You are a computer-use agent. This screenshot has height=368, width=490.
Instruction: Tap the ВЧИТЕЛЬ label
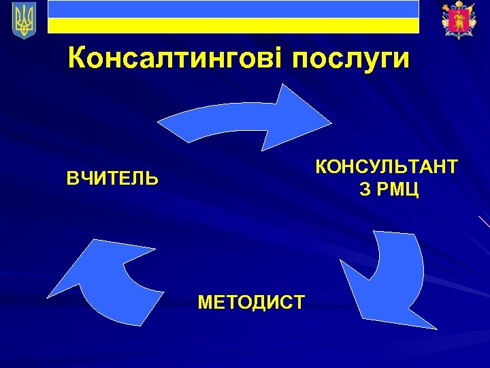tap(112, 179)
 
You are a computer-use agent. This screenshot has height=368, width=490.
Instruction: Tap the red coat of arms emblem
tap(454, 20)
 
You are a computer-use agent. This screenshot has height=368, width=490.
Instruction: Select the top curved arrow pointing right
tap(245, 117)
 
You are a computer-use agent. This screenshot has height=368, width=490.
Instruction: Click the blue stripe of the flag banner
tap(233, 9)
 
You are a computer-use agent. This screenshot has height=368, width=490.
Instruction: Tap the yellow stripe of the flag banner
tap(233, 25)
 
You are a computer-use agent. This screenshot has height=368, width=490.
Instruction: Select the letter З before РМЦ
tap(365, 189)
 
